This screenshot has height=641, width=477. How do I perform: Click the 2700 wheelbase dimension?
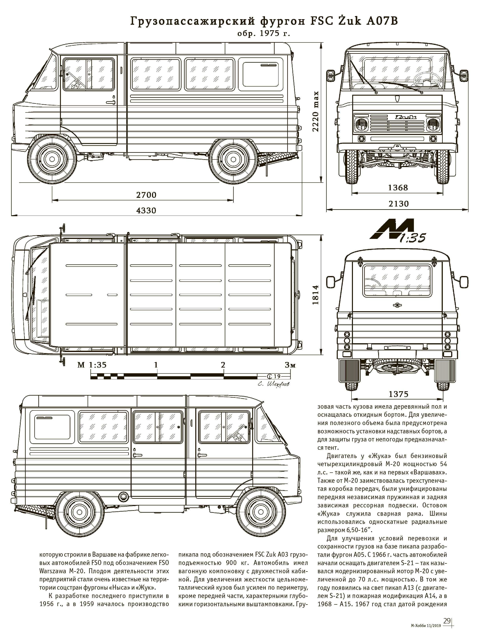click(x=146, y=195)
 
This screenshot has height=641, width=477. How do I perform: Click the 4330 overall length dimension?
click(x=146, y=210)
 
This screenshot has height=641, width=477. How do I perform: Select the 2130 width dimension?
click(x=398, y=204)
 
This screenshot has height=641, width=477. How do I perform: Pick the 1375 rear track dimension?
click(x=398, y=394)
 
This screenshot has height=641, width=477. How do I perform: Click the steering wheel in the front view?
click(x=426, y=79)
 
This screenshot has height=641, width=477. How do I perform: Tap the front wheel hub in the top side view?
click(x=52, y=159)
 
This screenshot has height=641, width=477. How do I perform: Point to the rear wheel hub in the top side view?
click(x=233, y=159)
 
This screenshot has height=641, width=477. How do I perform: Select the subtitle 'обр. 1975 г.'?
click(x=263, y=34)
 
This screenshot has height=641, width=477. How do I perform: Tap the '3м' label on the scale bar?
click(x=290, y=365)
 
